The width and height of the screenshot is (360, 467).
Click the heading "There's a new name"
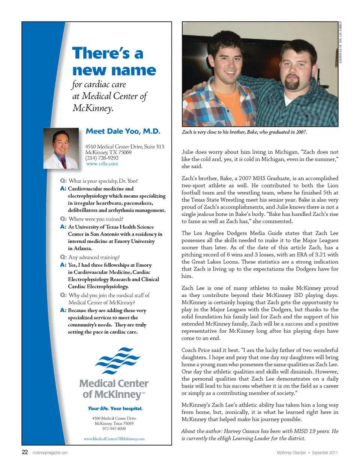(114, 62)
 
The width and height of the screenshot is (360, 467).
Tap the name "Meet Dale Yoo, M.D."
(123, 131)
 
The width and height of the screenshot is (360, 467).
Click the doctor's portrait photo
(61, 149)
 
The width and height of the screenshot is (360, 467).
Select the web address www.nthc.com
(102, 164)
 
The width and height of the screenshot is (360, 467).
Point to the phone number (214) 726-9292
(102, 158)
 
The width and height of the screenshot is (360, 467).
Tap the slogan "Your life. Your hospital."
(115, 408)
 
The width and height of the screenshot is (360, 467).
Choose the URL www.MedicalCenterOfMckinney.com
(114, 438)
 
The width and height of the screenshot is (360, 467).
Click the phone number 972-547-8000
(114, 428)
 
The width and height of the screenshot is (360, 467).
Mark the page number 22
(25, 452)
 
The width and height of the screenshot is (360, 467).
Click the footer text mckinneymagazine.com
(50, 453)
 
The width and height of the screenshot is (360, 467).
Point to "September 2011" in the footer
(325, 453)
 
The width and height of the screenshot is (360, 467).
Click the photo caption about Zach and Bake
(244, 132)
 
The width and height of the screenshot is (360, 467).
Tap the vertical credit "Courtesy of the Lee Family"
(340, 42)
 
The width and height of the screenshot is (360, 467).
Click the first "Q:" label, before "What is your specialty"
(63, 181)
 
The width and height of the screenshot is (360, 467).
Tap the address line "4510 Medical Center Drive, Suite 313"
(124, 147)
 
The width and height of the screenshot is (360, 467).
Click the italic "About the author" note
(259, 435)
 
